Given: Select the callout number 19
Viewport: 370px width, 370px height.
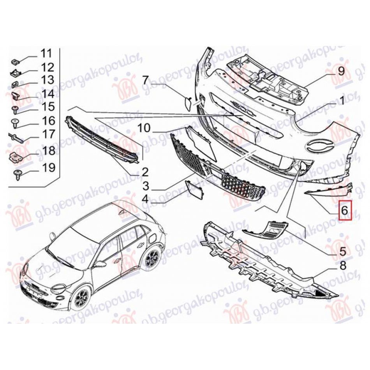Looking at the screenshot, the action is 49,167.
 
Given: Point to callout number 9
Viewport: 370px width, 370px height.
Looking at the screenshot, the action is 341,71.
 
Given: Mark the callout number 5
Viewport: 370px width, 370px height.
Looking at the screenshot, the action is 342,251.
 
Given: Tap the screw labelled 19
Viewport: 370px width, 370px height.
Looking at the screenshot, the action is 18,175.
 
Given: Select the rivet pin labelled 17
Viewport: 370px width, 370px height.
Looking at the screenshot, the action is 16,137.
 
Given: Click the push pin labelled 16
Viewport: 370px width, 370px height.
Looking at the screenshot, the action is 15,123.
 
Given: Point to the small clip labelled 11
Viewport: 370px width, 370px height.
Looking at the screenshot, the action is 15,62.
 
